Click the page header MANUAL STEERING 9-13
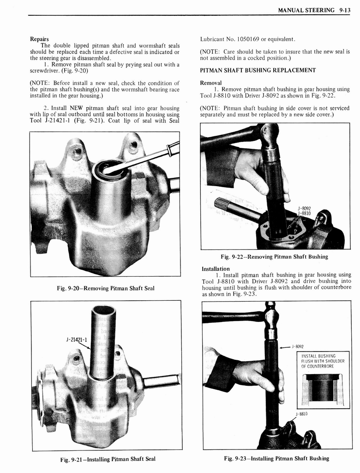[x=314, y=10]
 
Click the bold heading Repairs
[x=39, y=38]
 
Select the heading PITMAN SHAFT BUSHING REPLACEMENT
[x=258, y=70]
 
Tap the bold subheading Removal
[x=211, y=83]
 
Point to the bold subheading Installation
[x=216, y=268]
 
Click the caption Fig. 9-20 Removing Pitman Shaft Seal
[x=105, y=288]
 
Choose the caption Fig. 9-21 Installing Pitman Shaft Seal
[x=108, y=459]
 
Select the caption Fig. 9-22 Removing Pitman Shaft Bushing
[x=274, y=257]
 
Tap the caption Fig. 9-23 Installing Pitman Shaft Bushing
[x=276, y=458]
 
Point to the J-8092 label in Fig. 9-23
[x=300, y=347]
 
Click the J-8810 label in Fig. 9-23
[x=301, y=414]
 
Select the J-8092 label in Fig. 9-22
[x=304, y=208]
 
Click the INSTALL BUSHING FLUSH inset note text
[x=323, y=361]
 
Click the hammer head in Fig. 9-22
[x=270, y=134]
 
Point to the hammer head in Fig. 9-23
[x=271, y=317]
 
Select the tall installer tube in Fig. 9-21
[x=103, y=342]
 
